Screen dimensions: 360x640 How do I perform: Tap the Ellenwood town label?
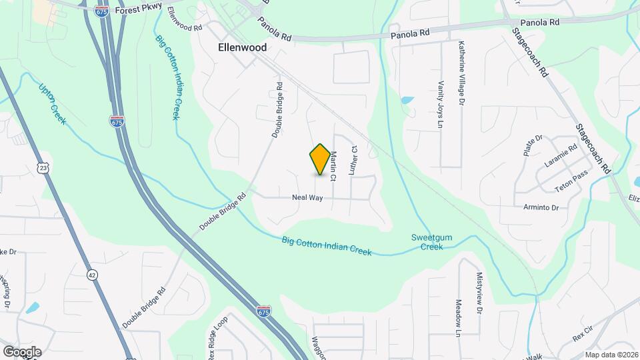243,48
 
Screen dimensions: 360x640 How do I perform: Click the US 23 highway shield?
43,169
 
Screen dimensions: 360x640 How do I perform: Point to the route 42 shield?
92,273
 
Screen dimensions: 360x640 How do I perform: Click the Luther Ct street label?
354,161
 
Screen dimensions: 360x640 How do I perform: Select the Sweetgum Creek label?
427,242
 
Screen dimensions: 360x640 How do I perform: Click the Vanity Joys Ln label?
441,101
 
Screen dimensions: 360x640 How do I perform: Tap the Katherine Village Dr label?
461,73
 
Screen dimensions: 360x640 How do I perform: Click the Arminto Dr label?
541,207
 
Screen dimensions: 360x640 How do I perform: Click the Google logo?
22,352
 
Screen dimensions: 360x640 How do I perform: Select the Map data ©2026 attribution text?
610,355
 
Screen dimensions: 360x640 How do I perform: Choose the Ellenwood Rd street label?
185,21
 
